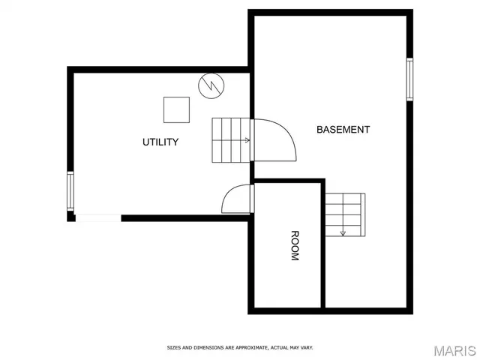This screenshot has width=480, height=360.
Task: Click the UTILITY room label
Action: (160, 142)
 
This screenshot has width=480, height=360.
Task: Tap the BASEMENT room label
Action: (343, 129)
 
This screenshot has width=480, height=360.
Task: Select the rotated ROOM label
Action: (294, 245)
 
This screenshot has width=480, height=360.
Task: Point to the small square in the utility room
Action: (177, 109)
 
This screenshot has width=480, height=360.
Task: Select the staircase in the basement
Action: (344, 214)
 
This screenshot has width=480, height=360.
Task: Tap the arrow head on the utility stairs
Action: (247, 140)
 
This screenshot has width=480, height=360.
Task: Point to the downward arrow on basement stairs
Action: (343, 233)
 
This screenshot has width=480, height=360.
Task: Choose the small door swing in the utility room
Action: (237, 199)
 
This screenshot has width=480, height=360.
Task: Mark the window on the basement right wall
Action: (409, 79)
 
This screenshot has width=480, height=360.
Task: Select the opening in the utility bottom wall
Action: (98, 218)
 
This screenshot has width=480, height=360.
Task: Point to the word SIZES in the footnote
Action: (173, 347)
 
